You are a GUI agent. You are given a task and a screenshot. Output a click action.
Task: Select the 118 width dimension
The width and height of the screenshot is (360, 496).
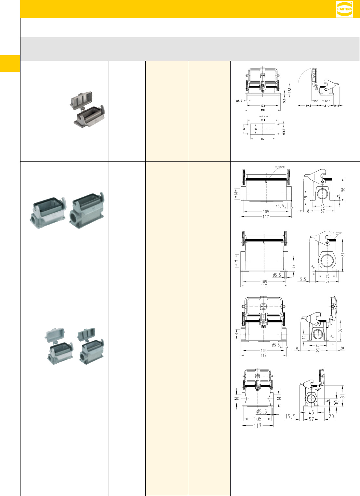(263, 110)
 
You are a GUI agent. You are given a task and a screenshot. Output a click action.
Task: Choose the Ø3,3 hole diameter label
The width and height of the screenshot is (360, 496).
(284, 132)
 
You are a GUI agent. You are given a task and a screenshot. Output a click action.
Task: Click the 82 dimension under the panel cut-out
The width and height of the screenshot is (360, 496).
(263, 139)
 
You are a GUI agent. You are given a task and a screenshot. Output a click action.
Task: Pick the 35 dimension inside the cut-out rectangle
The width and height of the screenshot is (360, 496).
(256, 129)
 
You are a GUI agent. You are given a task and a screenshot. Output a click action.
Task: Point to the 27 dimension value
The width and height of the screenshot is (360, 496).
(294, 266)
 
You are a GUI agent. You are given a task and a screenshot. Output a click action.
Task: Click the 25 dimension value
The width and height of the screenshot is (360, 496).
(316, 101)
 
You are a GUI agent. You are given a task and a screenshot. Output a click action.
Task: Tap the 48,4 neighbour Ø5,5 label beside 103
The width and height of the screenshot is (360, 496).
(239, 101)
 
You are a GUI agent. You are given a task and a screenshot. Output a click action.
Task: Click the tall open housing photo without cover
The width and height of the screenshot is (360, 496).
(87, 208)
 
